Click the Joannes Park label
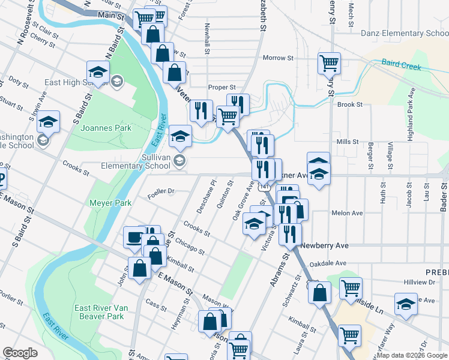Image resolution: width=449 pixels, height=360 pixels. tap(89, 128)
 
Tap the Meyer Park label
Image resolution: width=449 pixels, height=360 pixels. tap(110, 203)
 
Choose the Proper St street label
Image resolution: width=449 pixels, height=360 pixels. tap(221, 87)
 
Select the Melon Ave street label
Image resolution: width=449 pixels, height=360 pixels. tap(347, 213)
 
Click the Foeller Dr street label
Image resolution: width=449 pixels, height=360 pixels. tap(160, 192)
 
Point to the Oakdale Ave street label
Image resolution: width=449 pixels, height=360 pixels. tap(332, 263)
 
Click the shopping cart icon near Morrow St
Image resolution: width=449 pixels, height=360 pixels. tap(330, 62)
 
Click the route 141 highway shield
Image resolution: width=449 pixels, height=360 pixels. tap(264, 188)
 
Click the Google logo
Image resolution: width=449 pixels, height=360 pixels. tap(20, 353)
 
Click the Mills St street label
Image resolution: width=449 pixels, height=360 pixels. tap(347, 142)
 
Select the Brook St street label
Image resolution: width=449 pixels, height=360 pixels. tap(350, 104)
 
